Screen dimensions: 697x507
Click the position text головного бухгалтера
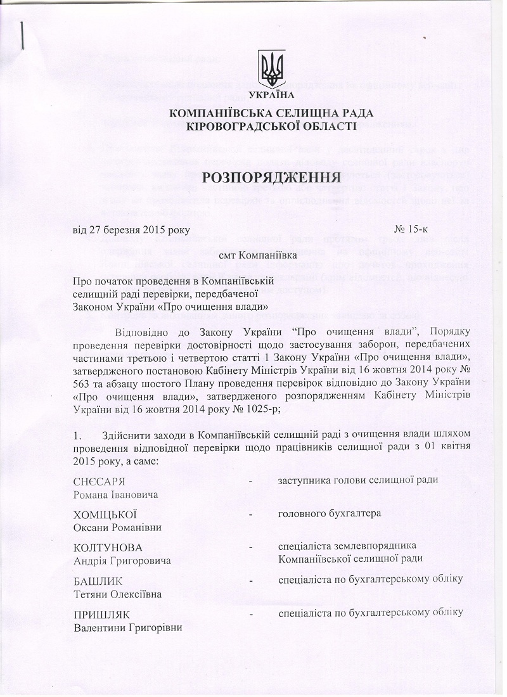(330, 513)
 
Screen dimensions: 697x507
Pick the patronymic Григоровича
(141, 561)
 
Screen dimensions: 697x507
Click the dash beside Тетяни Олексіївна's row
(252, 581)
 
